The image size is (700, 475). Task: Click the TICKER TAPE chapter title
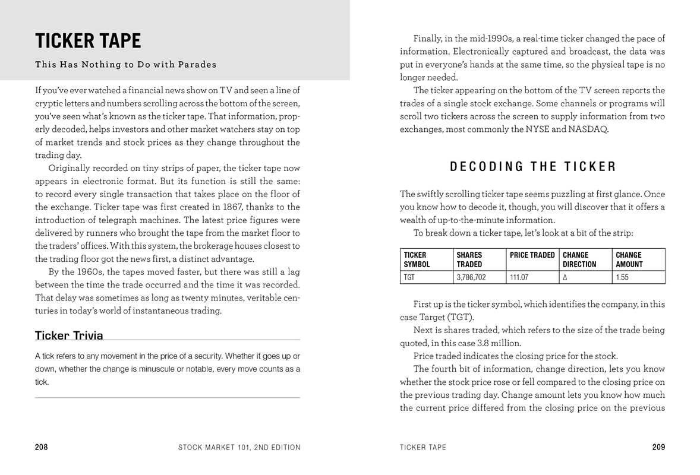click(88, 41)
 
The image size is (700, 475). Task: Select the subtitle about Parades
click(125, 64)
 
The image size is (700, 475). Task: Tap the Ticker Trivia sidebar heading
click(69, 335)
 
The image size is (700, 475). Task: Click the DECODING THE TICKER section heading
click(532, 167)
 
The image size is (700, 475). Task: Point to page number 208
click(42, 447)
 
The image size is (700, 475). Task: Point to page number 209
click(658, 447)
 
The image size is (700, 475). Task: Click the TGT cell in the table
click(409, 277)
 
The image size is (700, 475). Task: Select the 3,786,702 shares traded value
click(471, 277)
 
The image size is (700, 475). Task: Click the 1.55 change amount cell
click(622, 277)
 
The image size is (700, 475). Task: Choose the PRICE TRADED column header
click(532, 255)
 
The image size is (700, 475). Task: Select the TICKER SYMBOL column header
click(417, 259)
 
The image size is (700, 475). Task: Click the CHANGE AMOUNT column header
click(629, 259)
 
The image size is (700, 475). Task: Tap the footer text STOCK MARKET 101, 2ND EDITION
click(239, 447)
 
